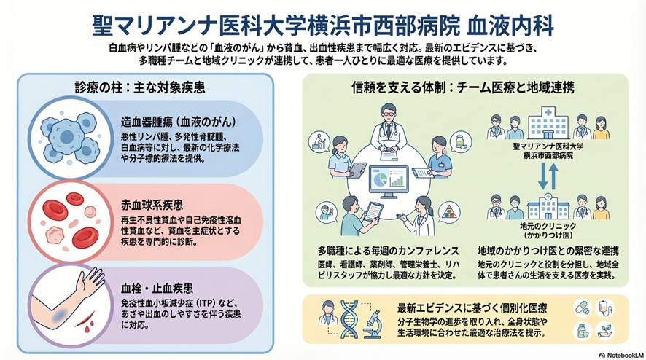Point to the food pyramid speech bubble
(x=454, y=213)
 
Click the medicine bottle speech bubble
(x=460, y=141)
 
